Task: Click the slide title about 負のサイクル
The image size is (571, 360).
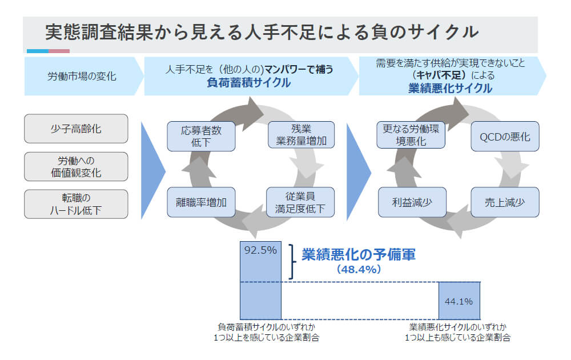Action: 262,33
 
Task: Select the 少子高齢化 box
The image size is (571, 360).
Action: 76,129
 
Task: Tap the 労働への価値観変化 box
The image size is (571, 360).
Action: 76,166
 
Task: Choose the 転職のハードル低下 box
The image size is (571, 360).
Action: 76,204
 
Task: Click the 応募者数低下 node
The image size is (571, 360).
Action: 201,136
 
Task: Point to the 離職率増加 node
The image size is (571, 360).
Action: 201,202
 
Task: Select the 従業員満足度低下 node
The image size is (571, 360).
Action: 301,202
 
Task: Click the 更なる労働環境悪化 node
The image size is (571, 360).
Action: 411,136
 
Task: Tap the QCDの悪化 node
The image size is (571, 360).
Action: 505,137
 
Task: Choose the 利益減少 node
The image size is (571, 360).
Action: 411,202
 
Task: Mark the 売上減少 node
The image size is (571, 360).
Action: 505,202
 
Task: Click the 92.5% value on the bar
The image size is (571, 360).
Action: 260,250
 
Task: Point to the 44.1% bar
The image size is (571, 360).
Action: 459,301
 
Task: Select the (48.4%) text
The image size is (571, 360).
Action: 358,269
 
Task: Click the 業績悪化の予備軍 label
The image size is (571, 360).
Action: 358,254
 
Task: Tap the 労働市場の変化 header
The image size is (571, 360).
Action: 81,75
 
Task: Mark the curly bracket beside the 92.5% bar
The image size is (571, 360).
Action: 292,262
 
